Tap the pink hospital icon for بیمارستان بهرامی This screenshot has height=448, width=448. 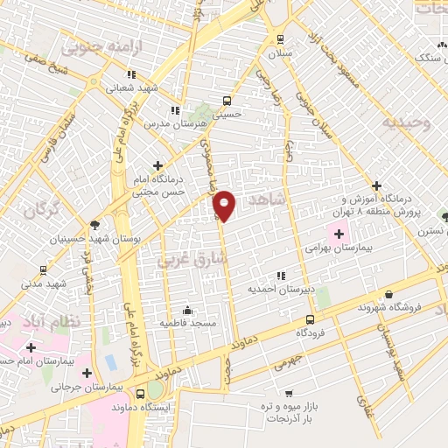click(339, 234)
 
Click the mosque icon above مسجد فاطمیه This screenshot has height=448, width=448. click(187, 310)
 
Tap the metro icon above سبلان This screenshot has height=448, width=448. click(280, 38)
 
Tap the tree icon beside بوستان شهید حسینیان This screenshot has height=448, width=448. click(94, 225)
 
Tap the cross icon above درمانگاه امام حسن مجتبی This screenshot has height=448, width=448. click(157, 165)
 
